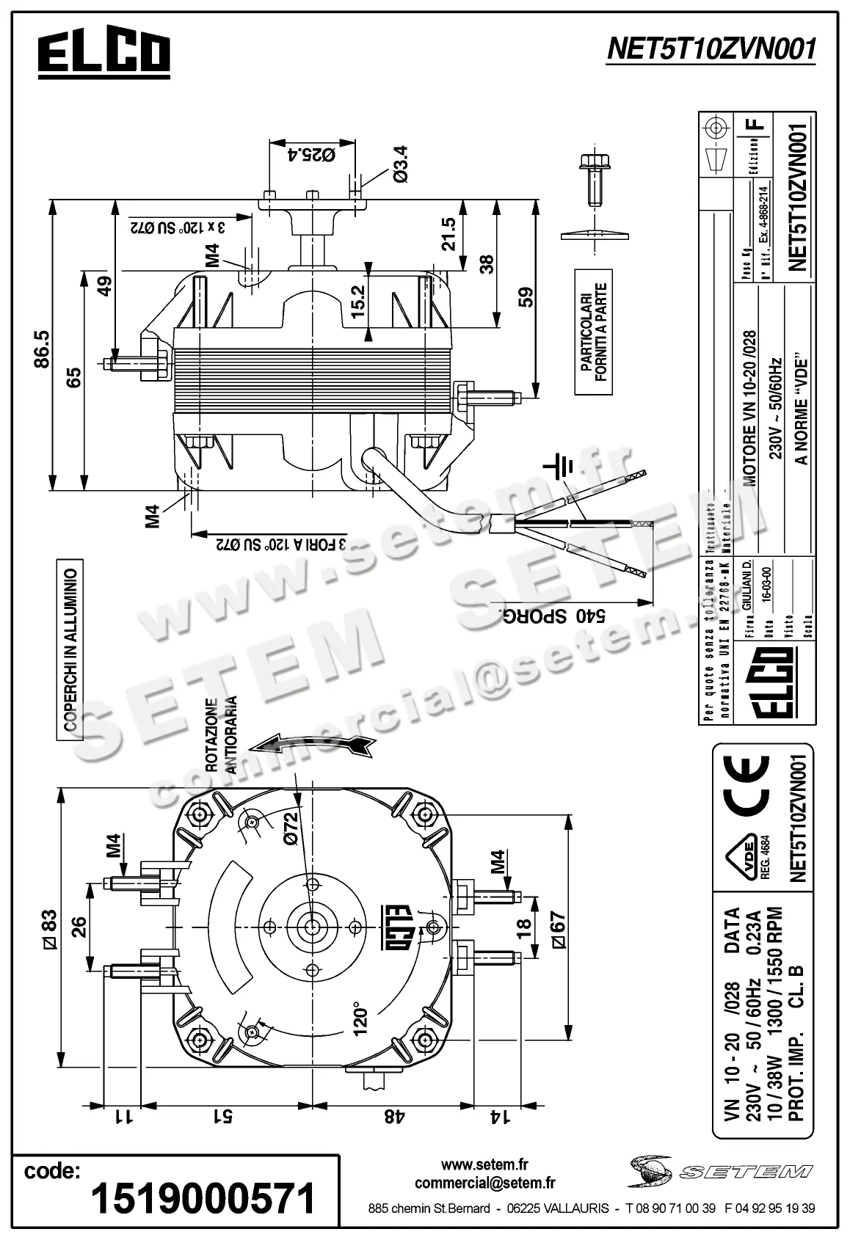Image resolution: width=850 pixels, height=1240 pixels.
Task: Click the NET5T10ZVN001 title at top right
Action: click(x=711, y=49)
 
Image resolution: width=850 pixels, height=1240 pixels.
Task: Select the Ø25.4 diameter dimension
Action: click(x=313, y=155)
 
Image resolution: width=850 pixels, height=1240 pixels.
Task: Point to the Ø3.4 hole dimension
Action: click(x=401, y=164)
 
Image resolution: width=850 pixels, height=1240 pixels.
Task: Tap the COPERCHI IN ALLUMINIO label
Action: click(x=71, y=648)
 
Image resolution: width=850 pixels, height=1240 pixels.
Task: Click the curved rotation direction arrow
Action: click(x=312, y=743)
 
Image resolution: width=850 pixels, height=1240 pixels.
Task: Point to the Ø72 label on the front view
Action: click(x=289, y=828)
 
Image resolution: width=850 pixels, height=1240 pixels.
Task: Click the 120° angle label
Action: click(x=359, y=1019)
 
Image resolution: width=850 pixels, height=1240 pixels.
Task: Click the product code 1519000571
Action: click(x=203, y=1198)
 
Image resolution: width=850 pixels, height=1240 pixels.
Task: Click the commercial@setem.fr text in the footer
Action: click(x=484, y=1183)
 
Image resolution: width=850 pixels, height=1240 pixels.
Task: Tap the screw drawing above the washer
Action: click(x=592, y=179)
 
